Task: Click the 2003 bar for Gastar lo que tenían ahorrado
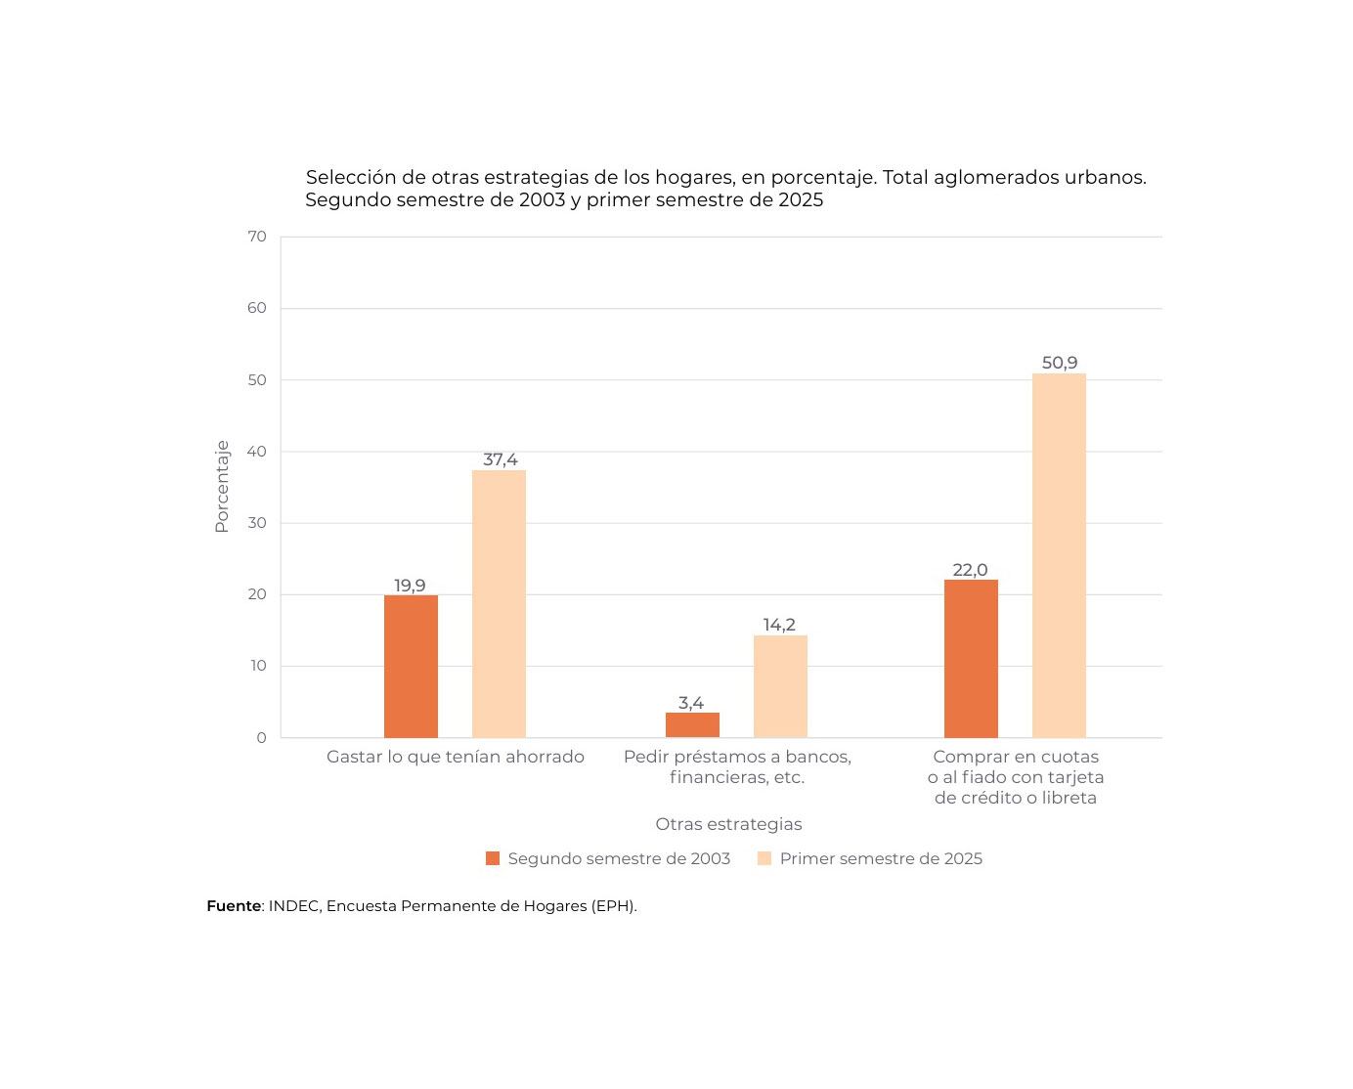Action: click(411, 667)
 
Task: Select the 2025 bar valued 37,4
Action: click(499, 604)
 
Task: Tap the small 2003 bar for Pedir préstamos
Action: click(692, 725)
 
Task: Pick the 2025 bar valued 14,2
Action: click(780, 686)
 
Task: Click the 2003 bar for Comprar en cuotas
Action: click(971, 659)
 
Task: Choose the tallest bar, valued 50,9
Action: click(1059, 555)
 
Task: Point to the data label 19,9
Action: click(410, 586)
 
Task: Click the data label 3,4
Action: click(691, 703)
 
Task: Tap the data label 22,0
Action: click(970, 570)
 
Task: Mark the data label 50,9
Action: click(1059, 363)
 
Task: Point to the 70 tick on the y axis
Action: click(257, 237)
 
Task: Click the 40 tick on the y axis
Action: click(257, 452)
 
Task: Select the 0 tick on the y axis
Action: click(261, 738)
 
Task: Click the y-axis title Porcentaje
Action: click(222, 486)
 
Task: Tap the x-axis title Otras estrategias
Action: click(728, 824)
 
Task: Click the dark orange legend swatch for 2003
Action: click(493, 858)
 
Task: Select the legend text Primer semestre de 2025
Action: click(881, 858)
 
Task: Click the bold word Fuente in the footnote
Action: click(234, 906)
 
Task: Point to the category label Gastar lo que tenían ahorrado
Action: click(455, 757)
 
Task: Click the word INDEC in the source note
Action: click(292, 906)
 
